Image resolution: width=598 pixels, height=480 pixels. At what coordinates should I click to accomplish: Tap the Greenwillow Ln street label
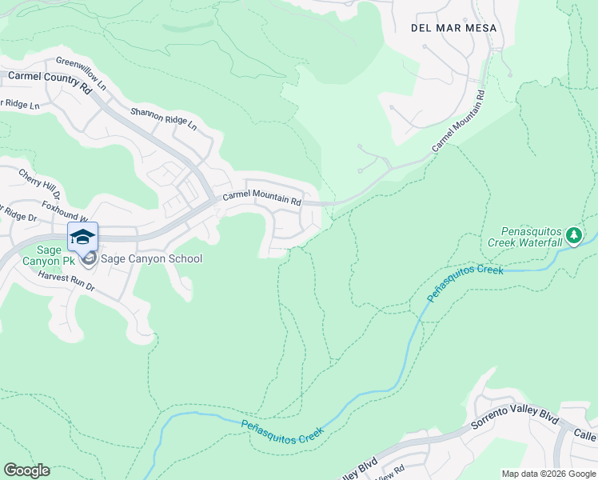tap(81, 71)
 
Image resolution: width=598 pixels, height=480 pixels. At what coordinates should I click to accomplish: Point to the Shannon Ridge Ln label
tap(164, 118)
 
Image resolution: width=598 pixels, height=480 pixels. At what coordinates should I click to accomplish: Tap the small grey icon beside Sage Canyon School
tap(89, 258)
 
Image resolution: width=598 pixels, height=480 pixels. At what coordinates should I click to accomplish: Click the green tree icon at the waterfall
tap(573, 234)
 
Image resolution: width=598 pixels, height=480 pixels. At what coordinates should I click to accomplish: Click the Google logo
tap(26, 470)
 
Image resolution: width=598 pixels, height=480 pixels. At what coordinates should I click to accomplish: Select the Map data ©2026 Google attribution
tap(548, 474)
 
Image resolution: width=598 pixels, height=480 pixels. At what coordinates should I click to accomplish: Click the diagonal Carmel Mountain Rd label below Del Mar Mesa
tap(460, 122)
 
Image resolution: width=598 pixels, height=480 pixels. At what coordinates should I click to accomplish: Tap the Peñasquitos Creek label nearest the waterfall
tap(464, 282)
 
